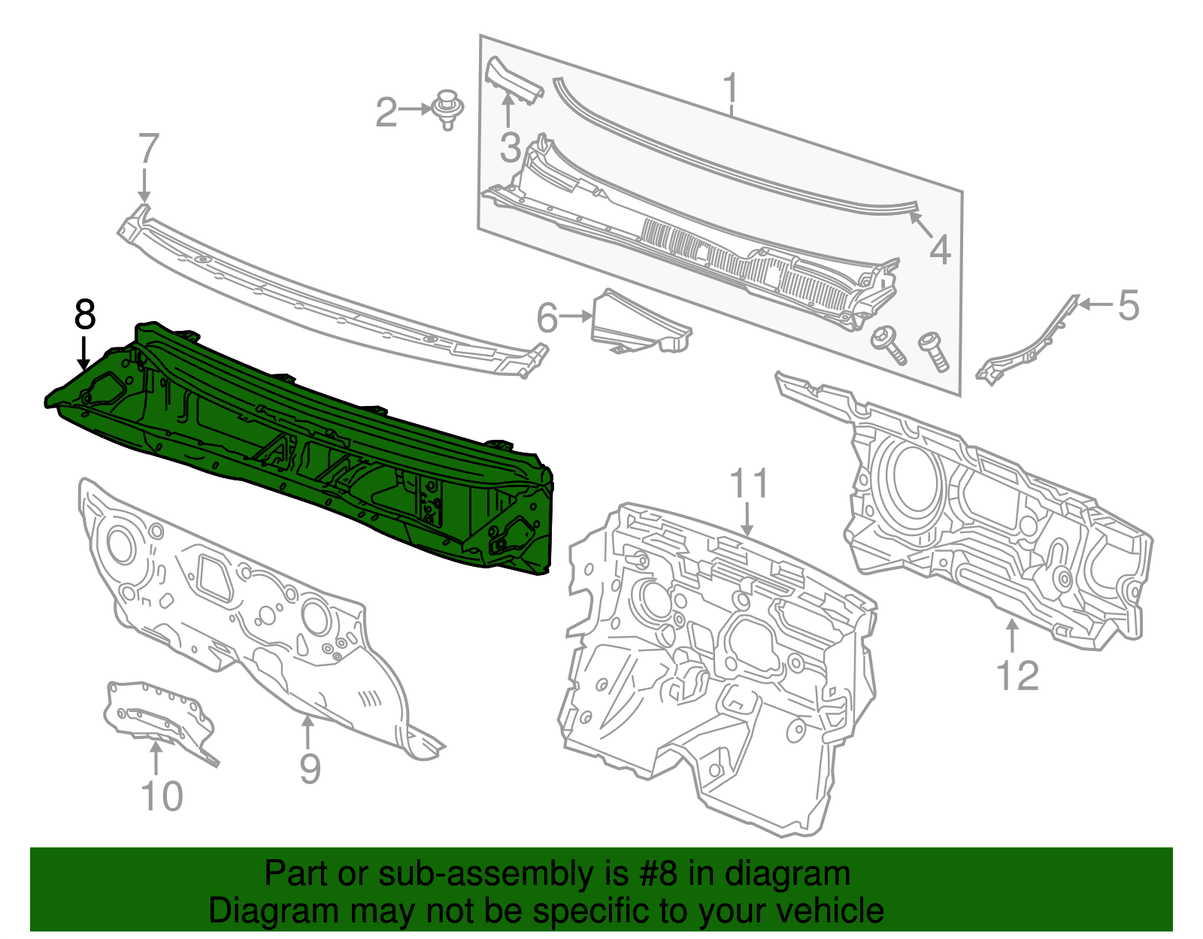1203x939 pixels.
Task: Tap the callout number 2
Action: (386, 113)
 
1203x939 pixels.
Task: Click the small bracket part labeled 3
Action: (514, 81)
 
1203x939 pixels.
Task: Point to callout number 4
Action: (940, 250)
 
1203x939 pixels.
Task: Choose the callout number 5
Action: (1128, 305)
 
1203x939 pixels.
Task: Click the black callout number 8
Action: (85, 314)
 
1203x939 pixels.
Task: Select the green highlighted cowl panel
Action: (316, 451)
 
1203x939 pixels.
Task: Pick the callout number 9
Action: (310, 768)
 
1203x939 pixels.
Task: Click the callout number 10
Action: (162, 796)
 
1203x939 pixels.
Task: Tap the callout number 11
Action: (749, 483)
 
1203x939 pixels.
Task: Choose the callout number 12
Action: (1017, 675)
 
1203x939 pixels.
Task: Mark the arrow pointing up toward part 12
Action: (1012, 635)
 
